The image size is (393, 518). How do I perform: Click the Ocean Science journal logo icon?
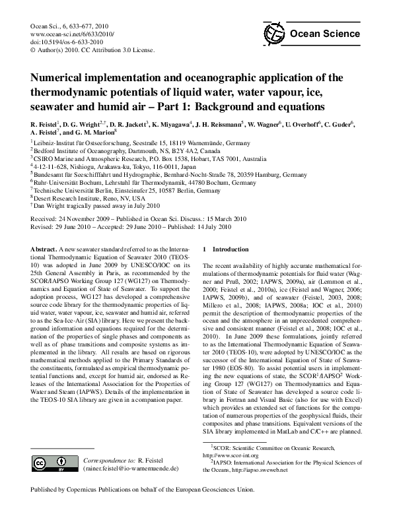[x=271, y=34]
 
